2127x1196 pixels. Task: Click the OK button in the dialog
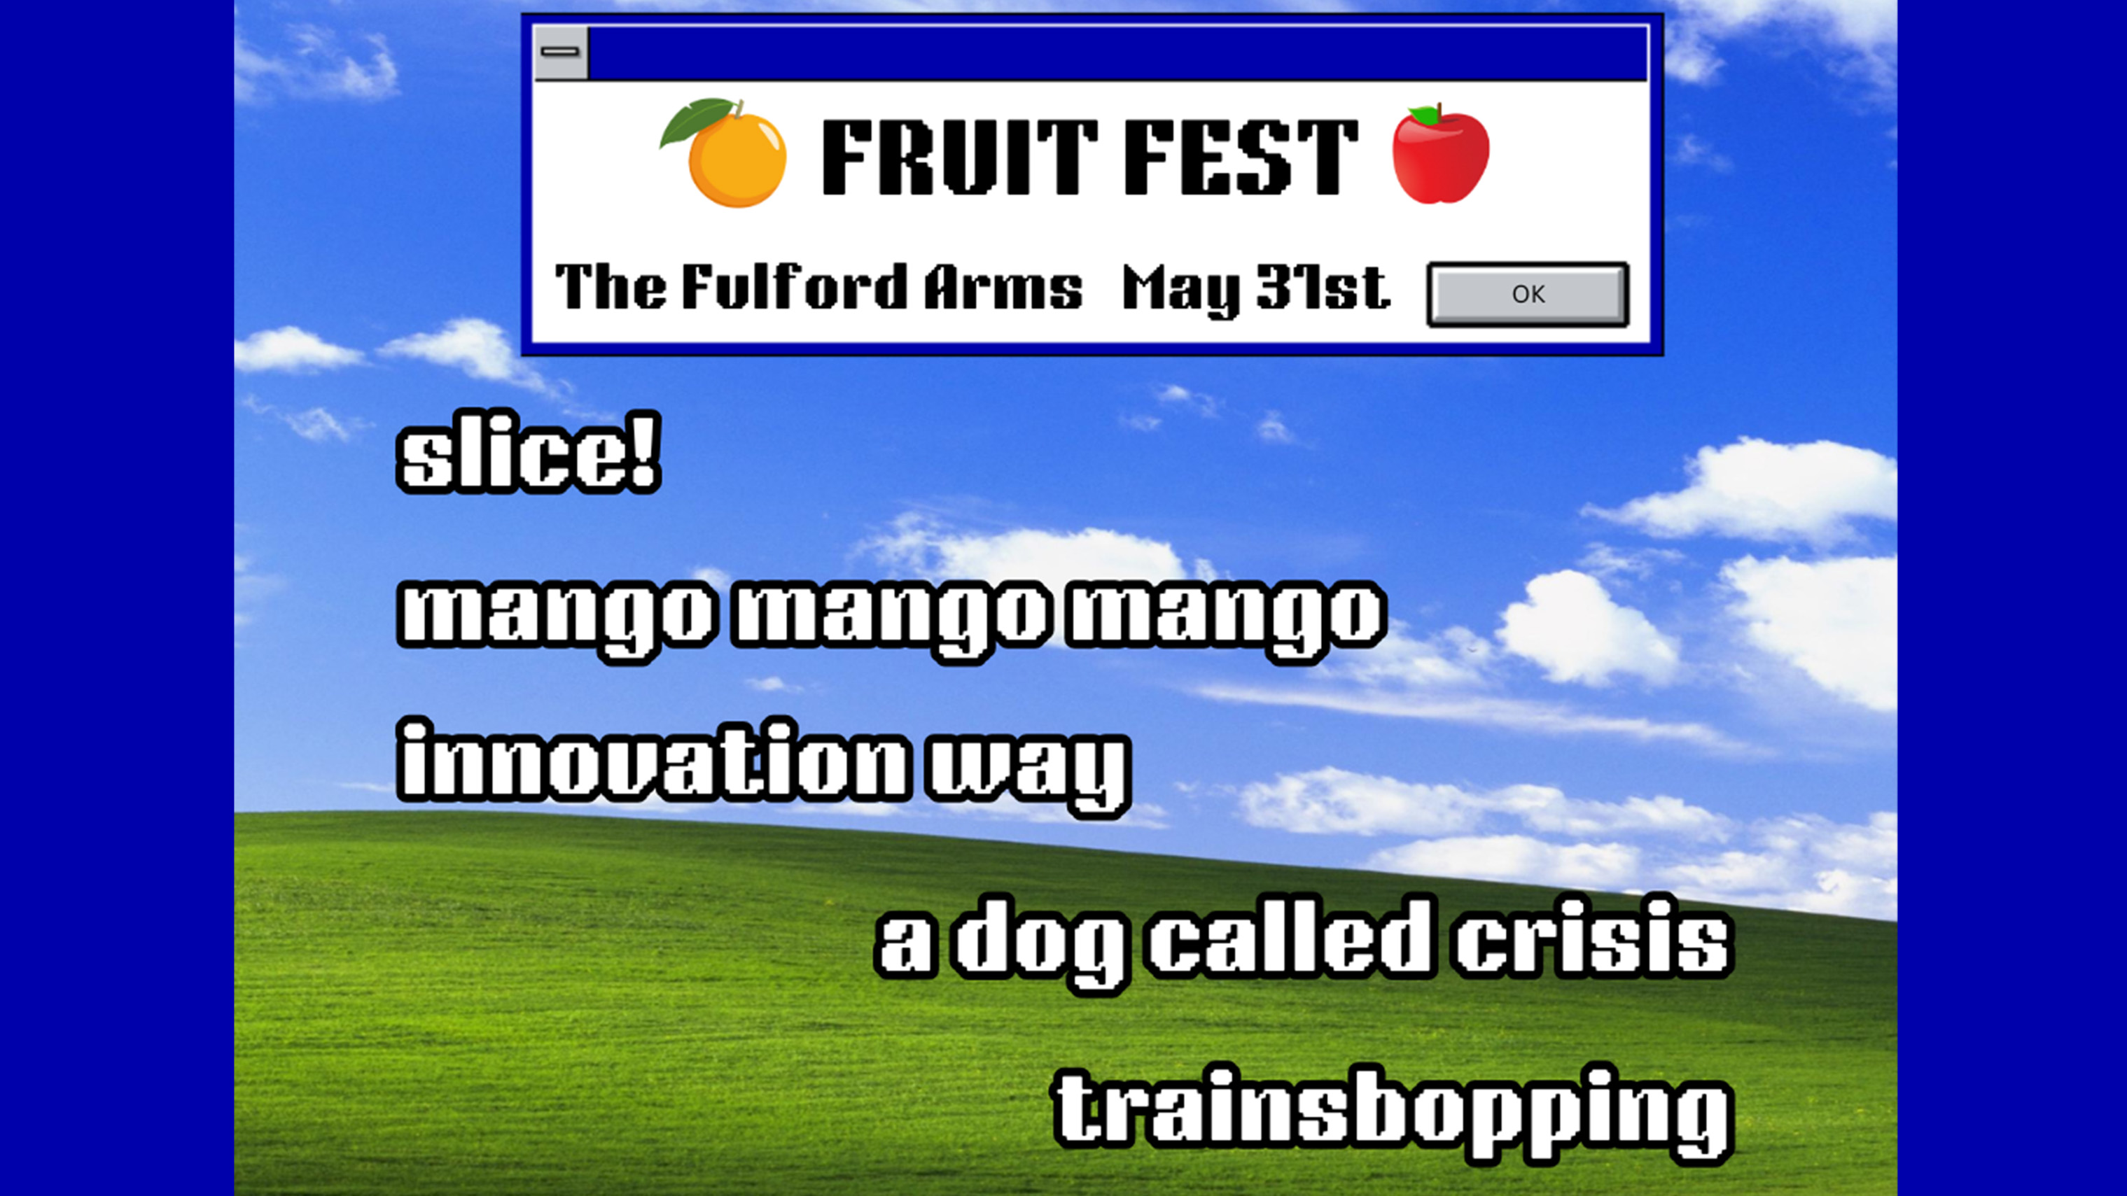click(1528, 294)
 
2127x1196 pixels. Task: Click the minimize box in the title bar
click(561, 52)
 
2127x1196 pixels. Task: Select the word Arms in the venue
click(1003, 287)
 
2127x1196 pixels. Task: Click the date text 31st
click(1323, 287)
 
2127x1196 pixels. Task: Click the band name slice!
click(529, 452)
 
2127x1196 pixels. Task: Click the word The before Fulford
click(611, 286)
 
